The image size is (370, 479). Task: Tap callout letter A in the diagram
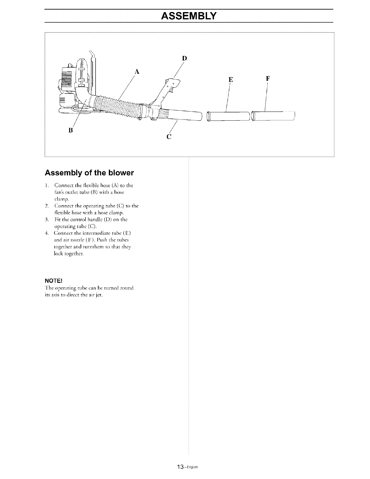coord(137,72)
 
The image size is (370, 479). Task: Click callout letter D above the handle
coord(185,58)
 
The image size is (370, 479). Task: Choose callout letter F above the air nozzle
coord(268,79)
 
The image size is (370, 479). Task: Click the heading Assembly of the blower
coord(89,173)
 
